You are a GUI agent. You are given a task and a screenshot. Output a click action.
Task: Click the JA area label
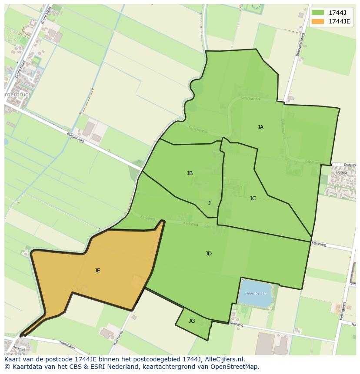click(260, 127)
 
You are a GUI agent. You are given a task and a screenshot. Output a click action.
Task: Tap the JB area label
click(190, 173)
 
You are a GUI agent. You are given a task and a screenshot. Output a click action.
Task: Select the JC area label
click(253, 199)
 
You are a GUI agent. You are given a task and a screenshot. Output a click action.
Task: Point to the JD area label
click(209, 254)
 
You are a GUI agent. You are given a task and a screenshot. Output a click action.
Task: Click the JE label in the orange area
click(97, 271)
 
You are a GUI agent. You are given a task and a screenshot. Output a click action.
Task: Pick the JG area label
click(192, 321)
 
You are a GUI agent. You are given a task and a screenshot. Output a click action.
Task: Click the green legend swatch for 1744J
click(318, 13)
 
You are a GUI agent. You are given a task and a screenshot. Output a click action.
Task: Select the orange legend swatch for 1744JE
click(318, 21)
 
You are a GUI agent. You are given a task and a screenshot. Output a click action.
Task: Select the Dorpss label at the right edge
click(349, 165)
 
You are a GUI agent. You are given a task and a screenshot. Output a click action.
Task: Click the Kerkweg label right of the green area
click(319, 244)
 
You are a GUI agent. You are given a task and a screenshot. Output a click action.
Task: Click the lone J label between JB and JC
click(209, 203)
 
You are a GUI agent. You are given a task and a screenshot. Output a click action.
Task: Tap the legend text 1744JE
click(339, 21)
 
